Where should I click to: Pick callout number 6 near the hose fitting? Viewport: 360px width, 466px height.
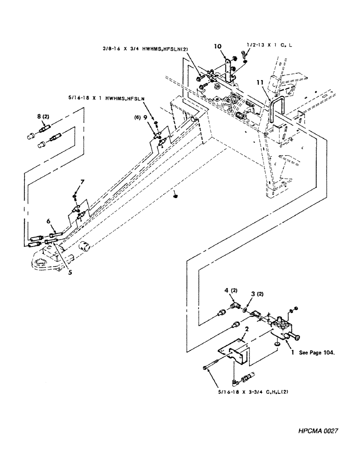click(x=48, y=221)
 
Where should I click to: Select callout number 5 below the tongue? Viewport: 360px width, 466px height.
click(x=69, y=273)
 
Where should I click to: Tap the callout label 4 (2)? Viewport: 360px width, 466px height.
click(x=230, y=291)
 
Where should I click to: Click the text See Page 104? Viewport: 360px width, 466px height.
click(x=318, y=354)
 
